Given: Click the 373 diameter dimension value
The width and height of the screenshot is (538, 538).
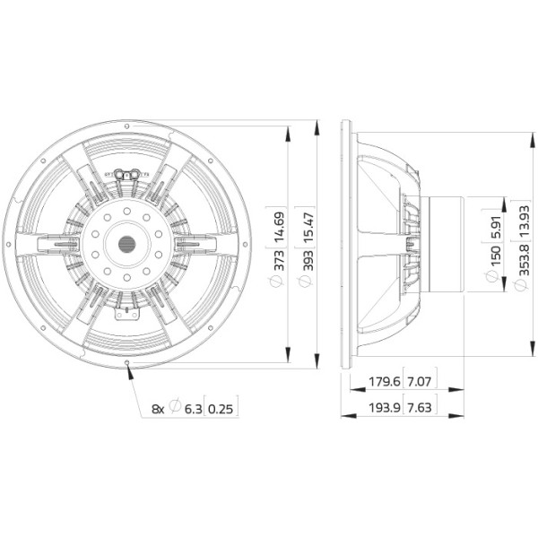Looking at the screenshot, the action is [x=279, y=261].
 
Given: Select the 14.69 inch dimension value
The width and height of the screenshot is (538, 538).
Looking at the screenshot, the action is [x=279, y=225].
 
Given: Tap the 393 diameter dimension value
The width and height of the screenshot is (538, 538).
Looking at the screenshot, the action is [x=308, y=261].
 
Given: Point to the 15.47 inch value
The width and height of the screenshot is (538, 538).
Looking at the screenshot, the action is [x=308, y=225].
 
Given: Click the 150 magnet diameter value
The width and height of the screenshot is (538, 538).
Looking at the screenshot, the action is [x=495, y=256].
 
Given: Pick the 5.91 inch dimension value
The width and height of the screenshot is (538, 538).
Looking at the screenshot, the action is [x=495, y=226].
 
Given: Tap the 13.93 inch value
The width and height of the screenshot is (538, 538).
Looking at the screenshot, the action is [x=524, y=221].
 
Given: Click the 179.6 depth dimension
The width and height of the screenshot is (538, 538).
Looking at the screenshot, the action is [x=385, y=381].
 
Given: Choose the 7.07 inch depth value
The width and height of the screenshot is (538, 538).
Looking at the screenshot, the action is [x=420, y=381].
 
